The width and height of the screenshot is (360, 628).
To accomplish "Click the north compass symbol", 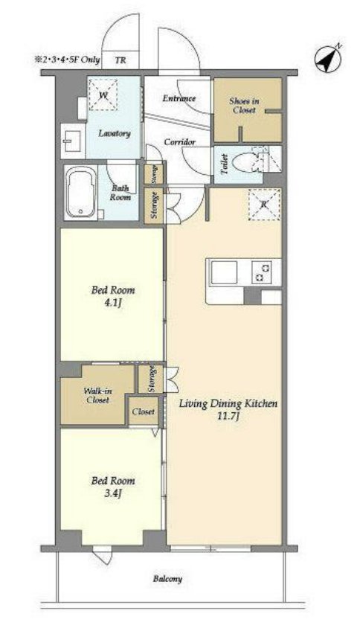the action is pos(327,59).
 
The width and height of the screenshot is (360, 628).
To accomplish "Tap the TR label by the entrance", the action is pos(120,60).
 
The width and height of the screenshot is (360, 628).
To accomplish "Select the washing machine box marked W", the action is pos(103,94).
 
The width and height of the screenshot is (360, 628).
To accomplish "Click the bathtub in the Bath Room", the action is pos(81,193).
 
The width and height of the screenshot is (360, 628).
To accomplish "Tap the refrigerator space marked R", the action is pos(264,205).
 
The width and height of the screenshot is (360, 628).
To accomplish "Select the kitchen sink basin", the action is pos(224,272).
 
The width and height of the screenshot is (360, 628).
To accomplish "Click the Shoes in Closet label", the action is pos(244,106).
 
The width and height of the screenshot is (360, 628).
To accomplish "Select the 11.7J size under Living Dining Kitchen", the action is pos(228,417).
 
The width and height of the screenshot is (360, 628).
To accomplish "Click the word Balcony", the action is pos(167,579).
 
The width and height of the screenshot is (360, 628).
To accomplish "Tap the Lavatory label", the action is pos(115,133).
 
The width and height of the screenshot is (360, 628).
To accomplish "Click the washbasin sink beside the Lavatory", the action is pos(72,141).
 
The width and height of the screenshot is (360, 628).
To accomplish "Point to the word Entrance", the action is pos(179,98).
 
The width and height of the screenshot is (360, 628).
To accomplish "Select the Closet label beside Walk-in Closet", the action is pos(144,411).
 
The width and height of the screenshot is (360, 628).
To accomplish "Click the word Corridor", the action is pos(180,142).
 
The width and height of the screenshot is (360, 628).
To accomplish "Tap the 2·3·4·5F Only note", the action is pos(66,60).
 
